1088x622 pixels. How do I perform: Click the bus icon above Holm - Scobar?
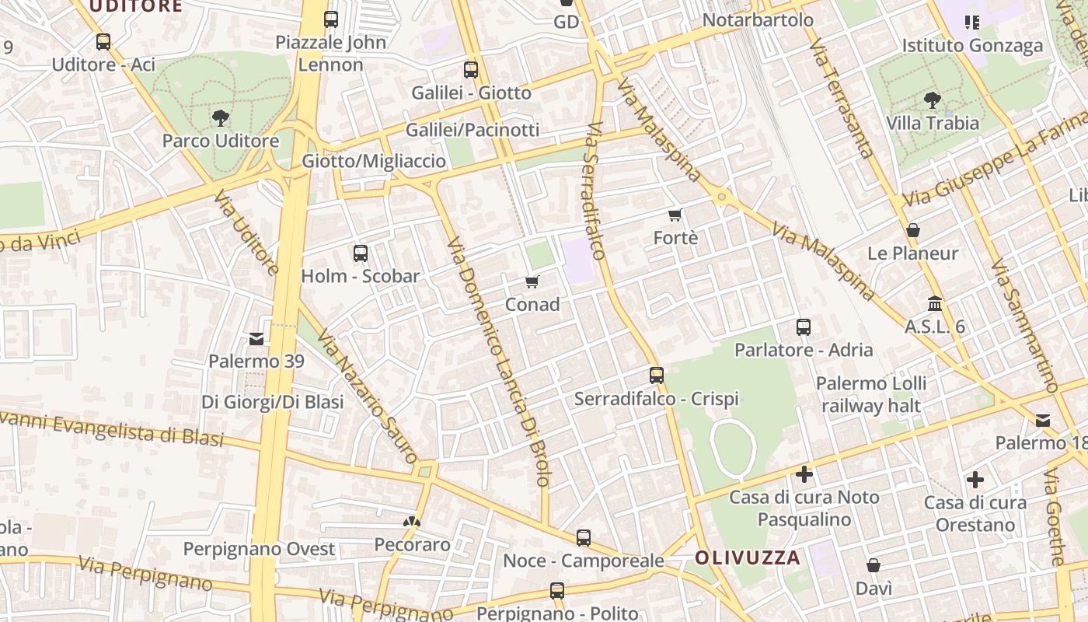click(360, 253)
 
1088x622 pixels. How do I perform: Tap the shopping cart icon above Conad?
click(532, 281)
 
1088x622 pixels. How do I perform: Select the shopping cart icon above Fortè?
click(675, 215)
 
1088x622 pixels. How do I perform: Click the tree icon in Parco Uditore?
click(221, 118)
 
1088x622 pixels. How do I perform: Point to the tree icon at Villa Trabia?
click(933, 100)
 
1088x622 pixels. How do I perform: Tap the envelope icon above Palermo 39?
click(256, 339)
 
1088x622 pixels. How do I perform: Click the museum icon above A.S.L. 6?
click(935, 303)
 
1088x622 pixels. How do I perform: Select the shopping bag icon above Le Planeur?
click(913, 230)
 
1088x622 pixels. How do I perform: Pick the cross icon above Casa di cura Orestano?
click(975, 480)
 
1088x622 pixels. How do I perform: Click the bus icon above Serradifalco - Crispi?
click(657, 376)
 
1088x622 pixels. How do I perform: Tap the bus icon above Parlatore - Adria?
click(804, 327)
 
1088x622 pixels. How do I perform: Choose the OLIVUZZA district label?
click(748, 557)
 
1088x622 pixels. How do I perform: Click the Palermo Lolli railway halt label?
click(871, 394)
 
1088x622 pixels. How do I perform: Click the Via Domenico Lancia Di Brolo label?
click(498, 362)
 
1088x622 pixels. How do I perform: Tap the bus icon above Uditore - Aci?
click(103, 42)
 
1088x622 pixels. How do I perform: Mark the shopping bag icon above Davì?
click(874, 565)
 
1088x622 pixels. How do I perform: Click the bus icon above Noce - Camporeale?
click(584, 537)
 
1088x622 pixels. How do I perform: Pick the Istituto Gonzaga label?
click(972, 46)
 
